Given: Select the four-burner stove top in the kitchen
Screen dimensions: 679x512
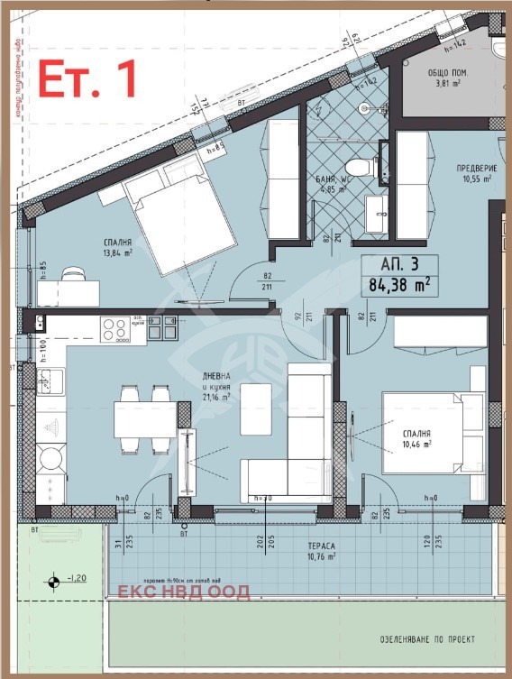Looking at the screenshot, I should click(114, 329).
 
